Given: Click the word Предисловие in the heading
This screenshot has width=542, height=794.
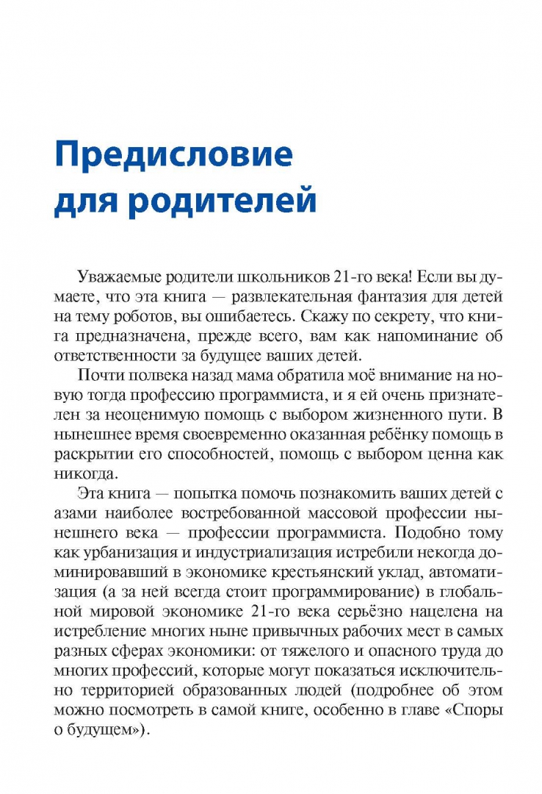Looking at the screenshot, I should (173, 157).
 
